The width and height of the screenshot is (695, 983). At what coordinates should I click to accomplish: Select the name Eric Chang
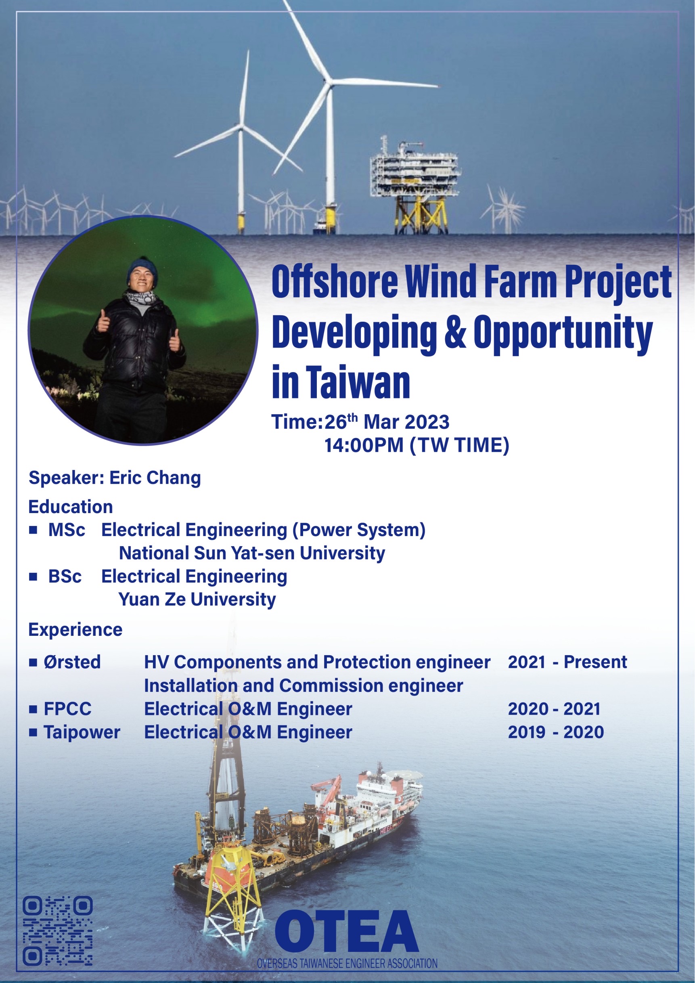point(155,478)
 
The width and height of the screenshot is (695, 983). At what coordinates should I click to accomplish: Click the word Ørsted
point(72,662)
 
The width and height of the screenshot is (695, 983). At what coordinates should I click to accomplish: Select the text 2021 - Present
point(567,662)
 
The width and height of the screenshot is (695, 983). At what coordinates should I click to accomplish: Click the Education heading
point(71,507)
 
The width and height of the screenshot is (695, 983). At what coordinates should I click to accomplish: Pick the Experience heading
point(75,630)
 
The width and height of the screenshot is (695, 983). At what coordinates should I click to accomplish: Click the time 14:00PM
point(364,445)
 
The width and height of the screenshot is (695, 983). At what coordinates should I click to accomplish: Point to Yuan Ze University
point(197,599)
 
